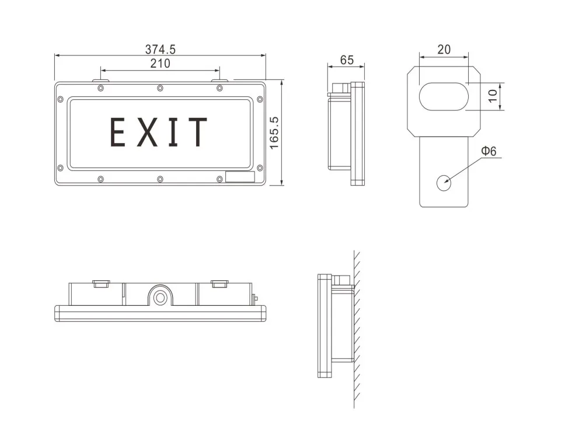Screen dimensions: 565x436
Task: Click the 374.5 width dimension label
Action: coord(161,50)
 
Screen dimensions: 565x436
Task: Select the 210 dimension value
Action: coord(160,64)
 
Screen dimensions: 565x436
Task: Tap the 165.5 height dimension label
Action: coord(274,132)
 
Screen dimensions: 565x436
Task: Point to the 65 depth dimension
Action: coord(347,60)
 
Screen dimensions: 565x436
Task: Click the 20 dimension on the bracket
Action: coord(444,50)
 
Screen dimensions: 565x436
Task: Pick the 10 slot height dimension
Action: coord(492,96)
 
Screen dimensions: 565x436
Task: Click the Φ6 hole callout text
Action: coord(489,151)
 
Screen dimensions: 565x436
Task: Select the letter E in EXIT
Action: coord(117,132)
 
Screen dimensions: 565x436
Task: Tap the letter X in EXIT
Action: coord(147,132)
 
